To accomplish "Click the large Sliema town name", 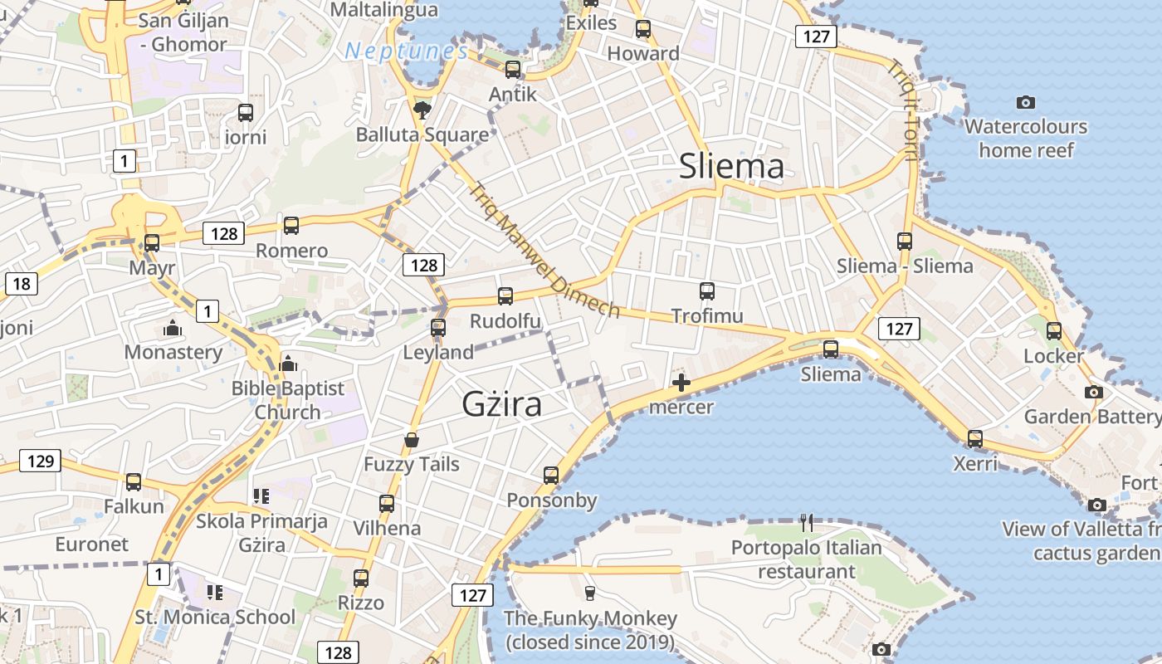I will pyautogui.click(x=731, y=167).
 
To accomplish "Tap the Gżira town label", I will pyautogui.click(x=501, y=404).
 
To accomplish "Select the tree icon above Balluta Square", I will pyautogui.click(x=422, y=110).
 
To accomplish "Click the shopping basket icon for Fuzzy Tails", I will pyautogui.click(x=412, y=439).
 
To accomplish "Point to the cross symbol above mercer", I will pyautogui.click(x=681, y=383).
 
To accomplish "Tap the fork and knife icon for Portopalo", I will pyautogui.click(x=807, y=523).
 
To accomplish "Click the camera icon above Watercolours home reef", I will pyautogui.click(x=1026, y=102).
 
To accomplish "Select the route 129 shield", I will pyautogui.click(x=40, y=461).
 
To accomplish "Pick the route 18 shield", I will pyautogui.click(x=21, y=284).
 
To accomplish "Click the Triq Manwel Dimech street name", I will pyautogui.click(x=544, y=250).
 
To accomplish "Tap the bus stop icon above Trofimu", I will pyautogui.click(x=706, y=291).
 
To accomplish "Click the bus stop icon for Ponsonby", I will pyautogui.click(x=551, y=476).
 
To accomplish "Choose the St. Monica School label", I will pyautogui.click(x=215, y=617).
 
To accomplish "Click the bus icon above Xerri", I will pyautogui.click(x=975, y=438).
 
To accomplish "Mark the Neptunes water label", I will pyautogui.click(x=406, y=51).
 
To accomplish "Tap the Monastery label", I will pyautogui.click(x=173, y=352).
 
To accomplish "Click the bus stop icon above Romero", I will pyautogui.click(x=291, y=225).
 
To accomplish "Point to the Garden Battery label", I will pyautogui.click(x=1091, y=416).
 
